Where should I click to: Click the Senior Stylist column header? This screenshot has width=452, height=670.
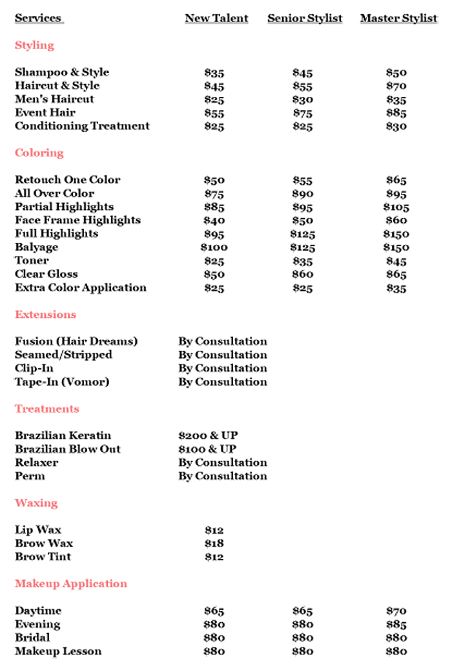(305, 18)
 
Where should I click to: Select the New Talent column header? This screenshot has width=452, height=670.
(216, 18)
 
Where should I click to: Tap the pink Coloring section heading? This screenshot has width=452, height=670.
(39, 153)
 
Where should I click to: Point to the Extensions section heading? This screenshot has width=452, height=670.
(45, 315)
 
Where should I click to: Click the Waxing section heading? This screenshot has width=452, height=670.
(36, 503)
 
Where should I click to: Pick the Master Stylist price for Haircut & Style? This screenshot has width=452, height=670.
(396, 86)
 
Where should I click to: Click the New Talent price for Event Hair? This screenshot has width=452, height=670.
(214, 113)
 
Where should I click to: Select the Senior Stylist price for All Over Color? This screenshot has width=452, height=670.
(302, 194)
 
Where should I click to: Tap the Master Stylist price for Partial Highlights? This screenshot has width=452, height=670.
(396, 207)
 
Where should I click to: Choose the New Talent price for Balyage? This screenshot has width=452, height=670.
(214, 247)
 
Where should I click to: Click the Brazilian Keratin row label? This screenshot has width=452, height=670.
(63, 435)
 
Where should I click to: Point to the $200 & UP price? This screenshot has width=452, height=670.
(208, 435)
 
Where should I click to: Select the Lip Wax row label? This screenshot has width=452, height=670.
(38, 530)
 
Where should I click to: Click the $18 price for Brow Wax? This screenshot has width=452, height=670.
(214, 544)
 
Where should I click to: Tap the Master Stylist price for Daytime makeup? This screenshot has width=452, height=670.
(396, 611)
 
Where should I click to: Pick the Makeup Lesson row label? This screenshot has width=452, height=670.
(58, 651)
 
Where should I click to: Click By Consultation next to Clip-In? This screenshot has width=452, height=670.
(223, 368)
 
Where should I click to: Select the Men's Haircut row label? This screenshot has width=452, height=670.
(54, 99)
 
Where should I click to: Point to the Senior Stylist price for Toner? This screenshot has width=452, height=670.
(302, 261)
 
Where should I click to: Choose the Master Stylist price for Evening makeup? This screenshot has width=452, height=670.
(396, 625)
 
